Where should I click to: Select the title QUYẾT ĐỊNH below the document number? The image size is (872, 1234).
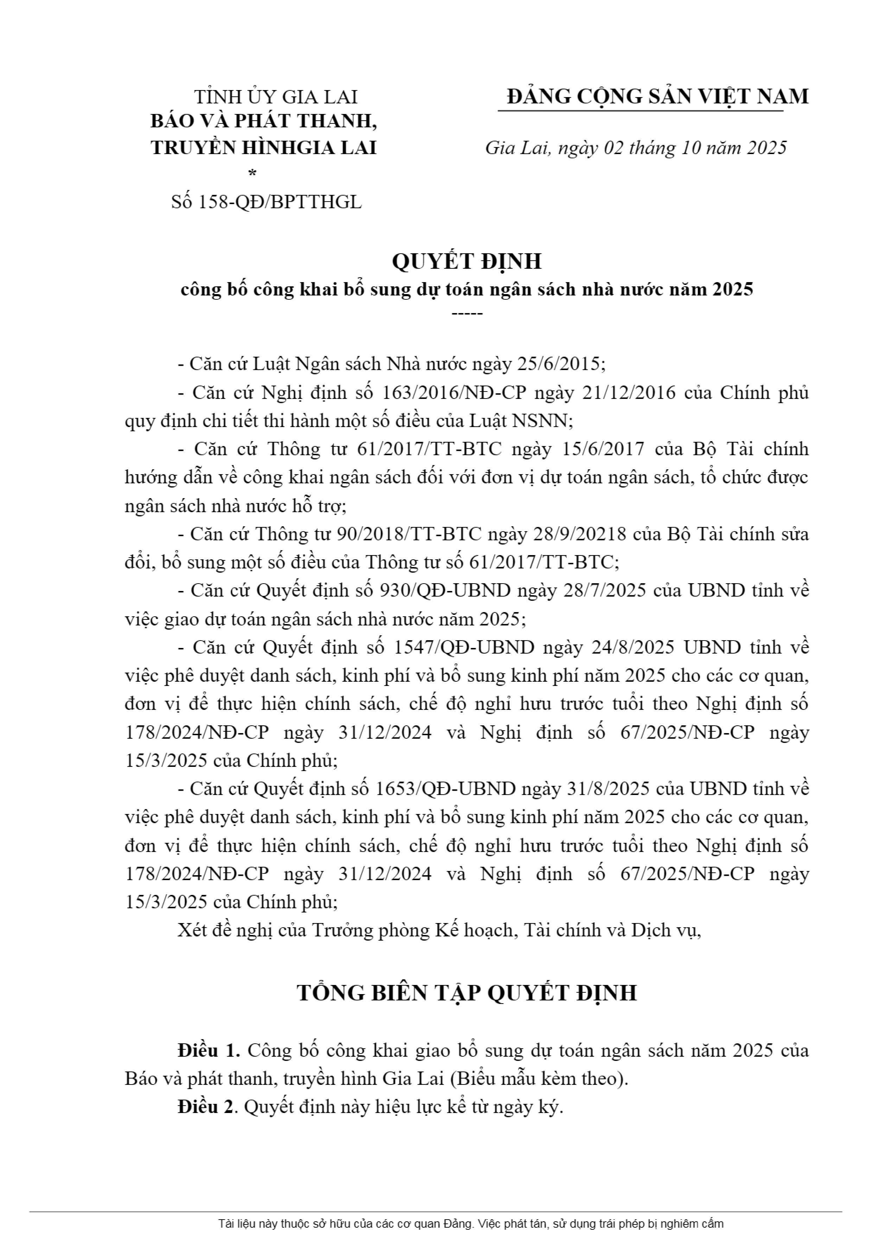click(466, 261)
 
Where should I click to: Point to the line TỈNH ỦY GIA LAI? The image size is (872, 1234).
click(276, 97)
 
